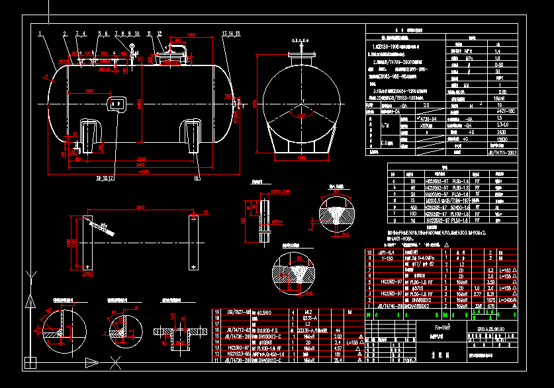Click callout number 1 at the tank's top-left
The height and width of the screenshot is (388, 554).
tap(40, 32)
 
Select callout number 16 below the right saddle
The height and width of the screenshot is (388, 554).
tap(197, 177)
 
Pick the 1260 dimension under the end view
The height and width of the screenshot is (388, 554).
tap(301, 159)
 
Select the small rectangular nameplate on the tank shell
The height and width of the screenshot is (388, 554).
tap(117, 103)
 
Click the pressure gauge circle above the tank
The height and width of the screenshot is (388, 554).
tap(132, 46)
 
